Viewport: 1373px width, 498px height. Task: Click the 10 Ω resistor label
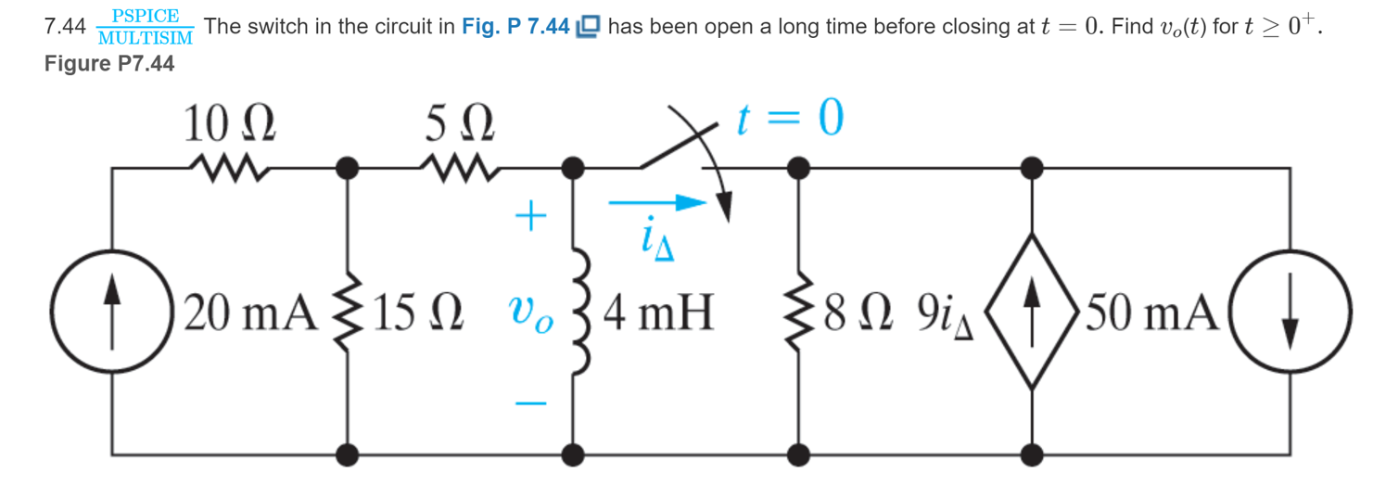pos(231,123)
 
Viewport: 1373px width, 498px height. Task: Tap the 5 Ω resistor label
pos(460,123)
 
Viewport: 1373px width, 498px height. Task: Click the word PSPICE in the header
pos(145,17)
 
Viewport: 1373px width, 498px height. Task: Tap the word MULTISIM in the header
pos(145,38)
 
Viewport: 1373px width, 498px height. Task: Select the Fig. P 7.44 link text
pos(515,27)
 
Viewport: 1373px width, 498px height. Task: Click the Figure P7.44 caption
pos(109,64)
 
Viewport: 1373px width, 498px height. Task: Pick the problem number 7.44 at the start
pos(65,28)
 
